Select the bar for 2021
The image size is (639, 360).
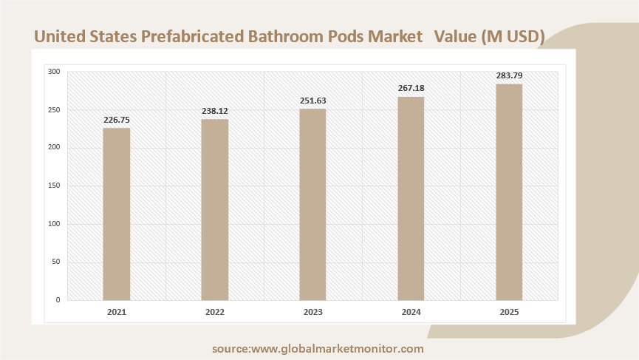[116, 214]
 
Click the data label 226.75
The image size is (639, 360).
[116, 120]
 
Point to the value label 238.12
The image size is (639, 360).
[215, 111]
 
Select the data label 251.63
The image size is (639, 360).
[312, 101]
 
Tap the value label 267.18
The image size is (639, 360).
[411, 89]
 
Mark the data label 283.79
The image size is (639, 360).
[509, 76]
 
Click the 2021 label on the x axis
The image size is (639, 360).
[116, 312]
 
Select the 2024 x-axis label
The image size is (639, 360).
[411, 312]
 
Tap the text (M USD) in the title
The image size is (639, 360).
[512, 35]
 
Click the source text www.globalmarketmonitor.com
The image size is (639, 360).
[338, 348]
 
